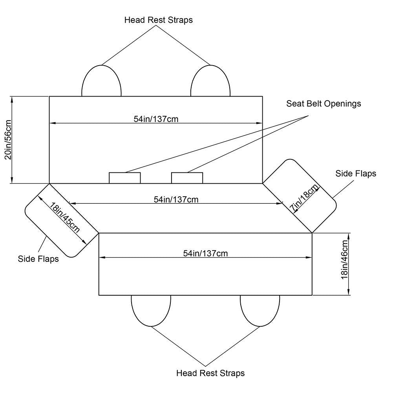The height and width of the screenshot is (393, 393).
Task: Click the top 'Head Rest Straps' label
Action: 159,20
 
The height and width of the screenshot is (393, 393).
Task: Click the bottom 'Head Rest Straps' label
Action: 210,373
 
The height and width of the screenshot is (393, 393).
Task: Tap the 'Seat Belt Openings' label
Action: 324,104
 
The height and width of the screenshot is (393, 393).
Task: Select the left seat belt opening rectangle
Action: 124,178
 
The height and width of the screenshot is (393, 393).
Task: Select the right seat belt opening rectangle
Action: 187,178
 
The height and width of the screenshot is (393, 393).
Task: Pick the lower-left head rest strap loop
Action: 151,310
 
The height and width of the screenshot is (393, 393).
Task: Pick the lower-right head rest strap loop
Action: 260,310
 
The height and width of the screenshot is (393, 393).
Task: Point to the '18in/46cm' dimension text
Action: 345,264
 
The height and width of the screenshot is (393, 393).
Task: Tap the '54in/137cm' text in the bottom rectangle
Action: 205,253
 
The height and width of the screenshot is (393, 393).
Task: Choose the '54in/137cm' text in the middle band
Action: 176,199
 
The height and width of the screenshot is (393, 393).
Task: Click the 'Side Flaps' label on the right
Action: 356,173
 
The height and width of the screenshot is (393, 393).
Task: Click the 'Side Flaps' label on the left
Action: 38,259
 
